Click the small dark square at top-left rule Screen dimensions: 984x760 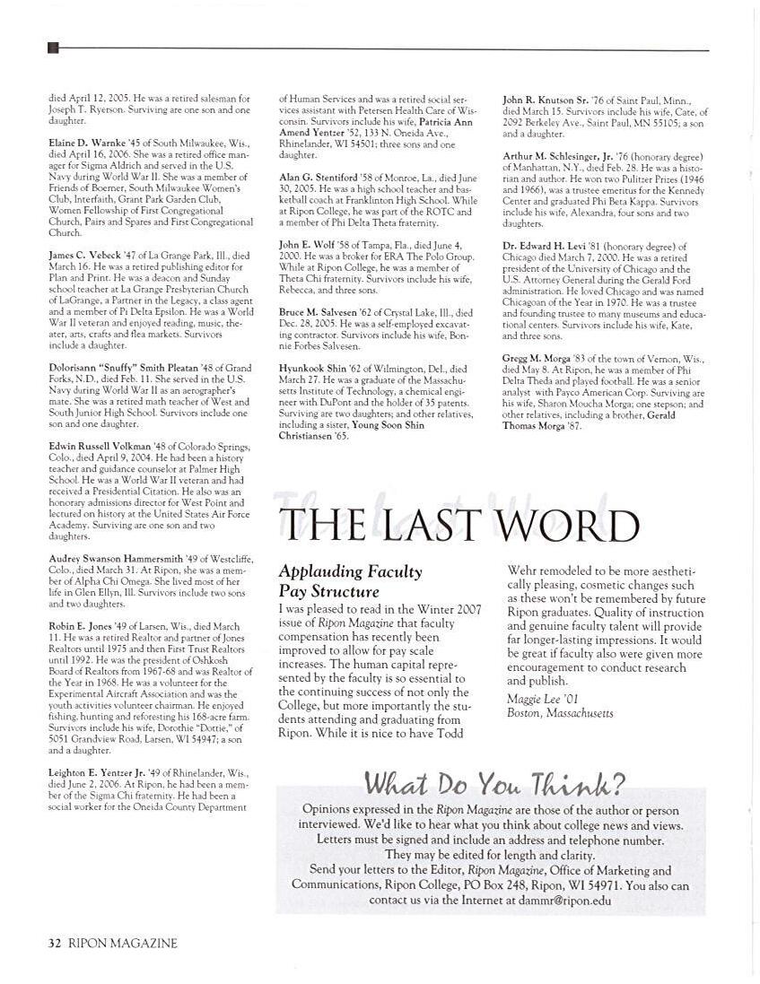click(x=52, y=48)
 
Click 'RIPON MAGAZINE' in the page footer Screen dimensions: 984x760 click(x=123, y=943)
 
